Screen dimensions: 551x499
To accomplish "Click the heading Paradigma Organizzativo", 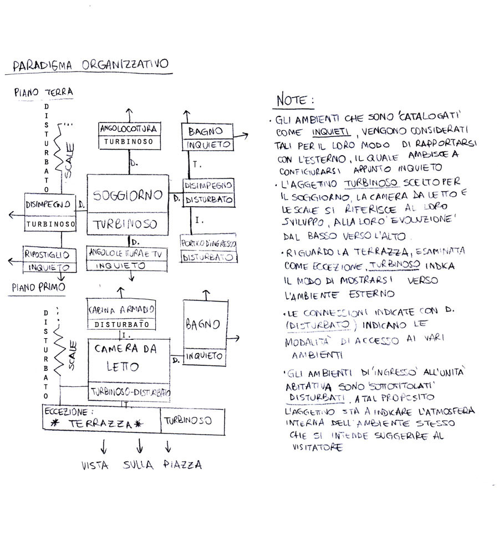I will [x=90, y=65].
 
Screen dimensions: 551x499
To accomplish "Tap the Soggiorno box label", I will [x=128, y=195].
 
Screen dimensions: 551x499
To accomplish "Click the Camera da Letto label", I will [x=125, y=358].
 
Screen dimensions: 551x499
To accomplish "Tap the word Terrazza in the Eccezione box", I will [x=100, y=423].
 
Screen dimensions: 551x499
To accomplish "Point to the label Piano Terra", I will [x=44, y=92].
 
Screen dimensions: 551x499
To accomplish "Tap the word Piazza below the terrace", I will [x=182, y=465].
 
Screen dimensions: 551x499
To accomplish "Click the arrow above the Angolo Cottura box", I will [x=129, y=113].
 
